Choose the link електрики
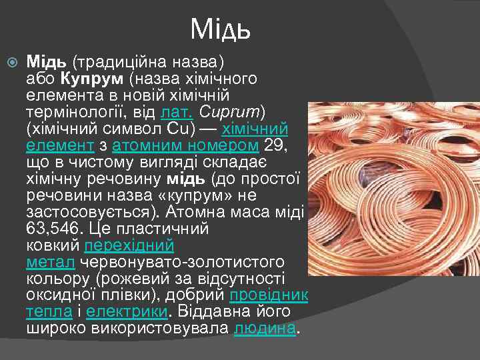click(x=127, y=312)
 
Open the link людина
click(x=264, y=329)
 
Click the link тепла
click(x=48, y=312)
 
